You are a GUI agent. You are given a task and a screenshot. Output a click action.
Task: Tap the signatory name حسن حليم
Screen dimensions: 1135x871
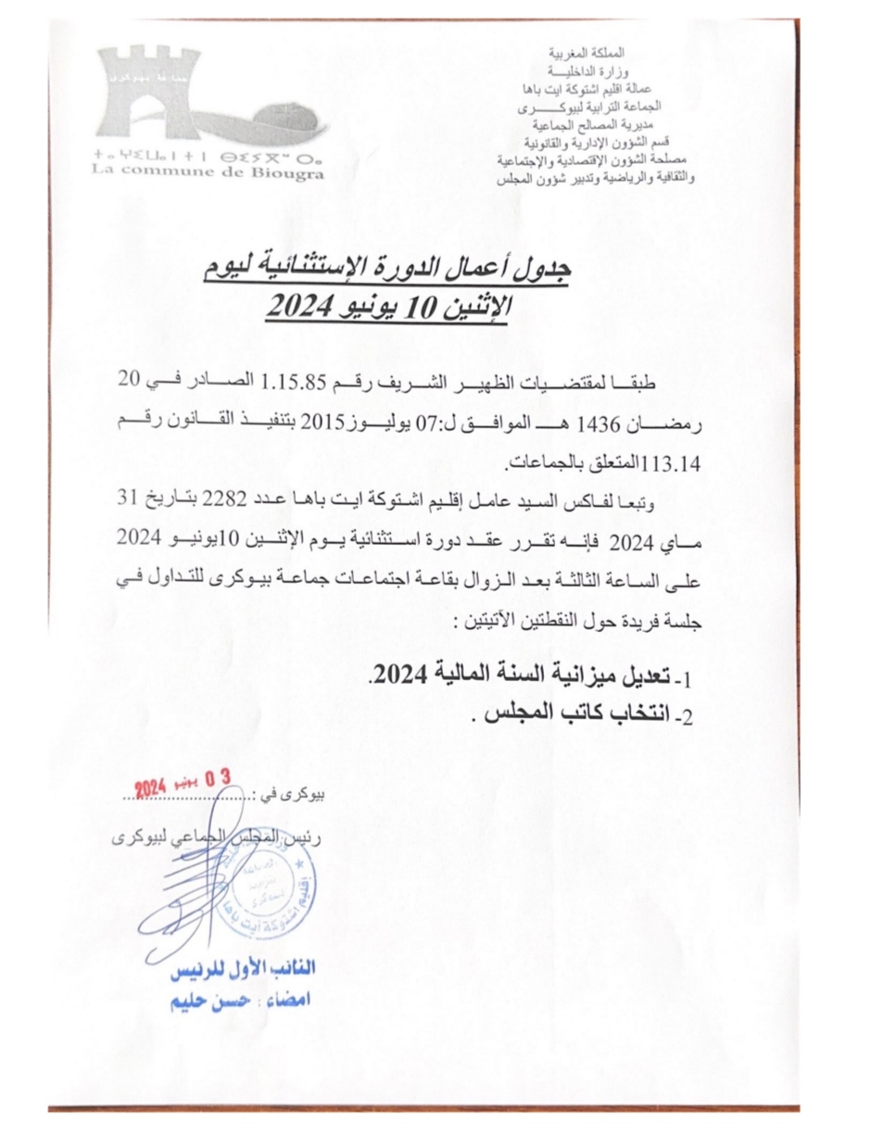213,1003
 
